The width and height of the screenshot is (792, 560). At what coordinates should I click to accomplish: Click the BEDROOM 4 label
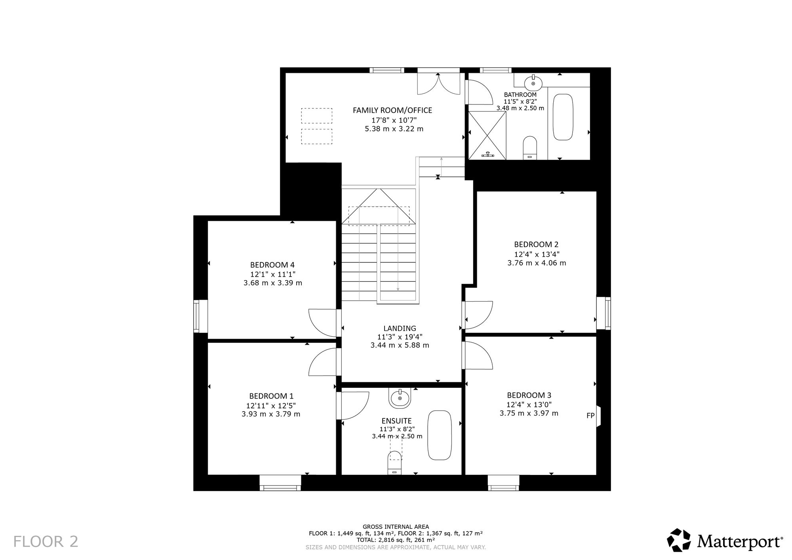pos(272,265)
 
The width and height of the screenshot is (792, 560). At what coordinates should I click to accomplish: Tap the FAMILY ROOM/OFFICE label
pos(392,110)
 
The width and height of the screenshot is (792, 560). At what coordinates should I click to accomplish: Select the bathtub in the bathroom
pos(563,117)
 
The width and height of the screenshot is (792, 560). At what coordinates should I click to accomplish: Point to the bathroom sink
pos(533,83)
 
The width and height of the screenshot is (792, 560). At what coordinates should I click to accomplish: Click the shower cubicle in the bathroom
pos(487,135)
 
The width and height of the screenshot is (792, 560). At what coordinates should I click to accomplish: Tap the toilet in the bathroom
pos(530,148)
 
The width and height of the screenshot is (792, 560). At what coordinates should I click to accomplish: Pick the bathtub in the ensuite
pos(440,435)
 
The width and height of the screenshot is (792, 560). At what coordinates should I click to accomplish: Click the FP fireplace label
pos(590,416)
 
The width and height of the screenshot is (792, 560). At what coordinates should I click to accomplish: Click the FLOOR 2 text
pos(46,541)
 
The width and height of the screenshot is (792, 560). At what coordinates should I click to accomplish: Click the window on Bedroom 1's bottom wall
pos(280,483)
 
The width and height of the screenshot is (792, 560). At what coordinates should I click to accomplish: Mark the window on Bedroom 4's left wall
pos(200,316)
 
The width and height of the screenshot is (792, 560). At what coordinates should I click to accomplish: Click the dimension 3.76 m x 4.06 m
pos(537,263)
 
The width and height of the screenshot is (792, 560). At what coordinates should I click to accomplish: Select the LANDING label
pos(400,328)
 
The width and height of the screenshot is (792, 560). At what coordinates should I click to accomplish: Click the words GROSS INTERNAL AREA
pos(396,527)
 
